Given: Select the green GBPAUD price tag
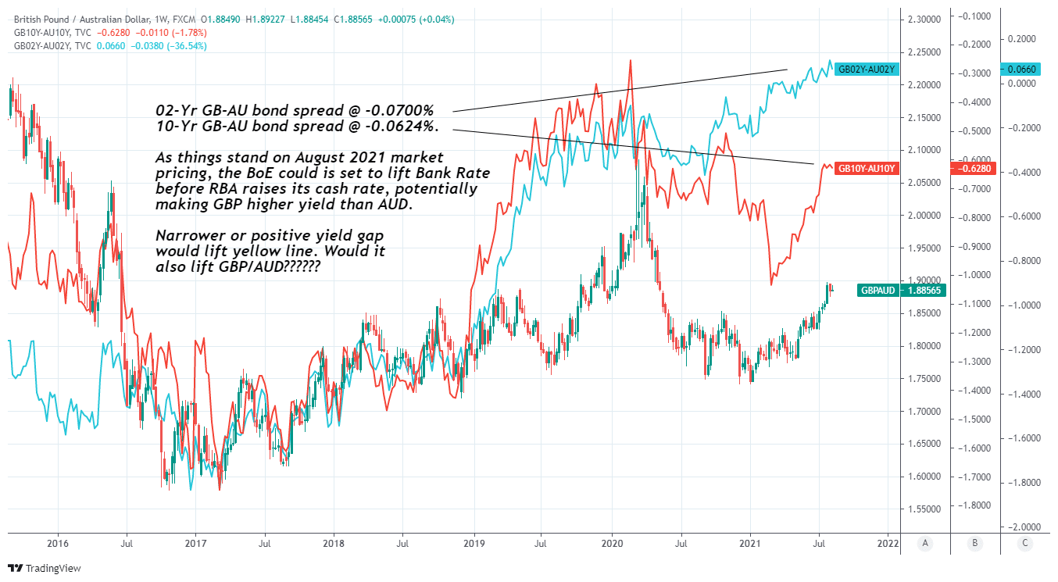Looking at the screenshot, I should point(877,290).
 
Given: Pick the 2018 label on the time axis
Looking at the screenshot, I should point(334,542).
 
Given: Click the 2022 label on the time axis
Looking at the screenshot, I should point(888,542).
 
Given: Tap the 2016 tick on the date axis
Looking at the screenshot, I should point(58,542).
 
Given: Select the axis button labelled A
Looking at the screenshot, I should point(925,542).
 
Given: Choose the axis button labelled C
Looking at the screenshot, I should point(1026,542).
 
